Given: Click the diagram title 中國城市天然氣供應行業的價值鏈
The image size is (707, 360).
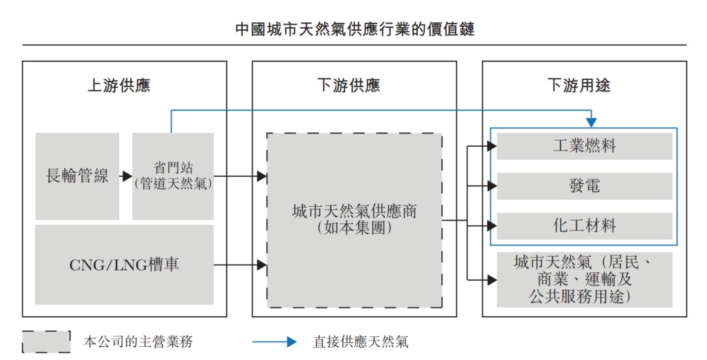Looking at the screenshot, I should pyautogui.click(x=354, y=29).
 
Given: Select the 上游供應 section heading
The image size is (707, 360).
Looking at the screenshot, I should pyautogui.click(x=119, y=85).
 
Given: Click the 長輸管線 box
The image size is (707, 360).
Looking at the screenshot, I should pyautogui.click(x=77, y=176).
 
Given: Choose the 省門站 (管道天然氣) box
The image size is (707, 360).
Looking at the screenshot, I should pyautogui.click(x=173, y=176).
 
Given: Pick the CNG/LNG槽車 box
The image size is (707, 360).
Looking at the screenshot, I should pyautogui.click(x=124, y=265).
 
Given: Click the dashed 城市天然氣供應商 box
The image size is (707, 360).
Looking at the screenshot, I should pyautogui.click(x=354, y=220).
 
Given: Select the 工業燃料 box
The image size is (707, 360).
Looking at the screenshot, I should pyautogui.click(x=585, y=146).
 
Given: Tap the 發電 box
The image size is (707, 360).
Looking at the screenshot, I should pyautogui.click(x=585, y=186).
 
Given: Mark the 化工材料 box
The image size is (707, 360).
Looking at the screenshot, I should pyautogui.click(x=585, y=226).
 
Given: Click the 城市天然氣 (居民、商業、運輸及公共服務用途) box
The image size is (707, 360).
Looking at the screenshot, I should pyautogui.click(x=585, y=279).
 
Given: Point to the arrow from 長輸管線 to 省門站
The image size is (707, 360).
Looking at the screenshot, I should pyautogui.click(x=126, y=176).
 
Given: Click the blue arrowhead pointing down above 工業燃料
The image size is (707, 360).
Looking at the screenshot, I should pyautogui.click(x=591, y=122).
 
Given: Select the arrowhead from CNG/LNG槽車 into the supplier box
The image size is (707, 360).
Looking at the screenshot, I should pyautogui.click(x=262, y=265).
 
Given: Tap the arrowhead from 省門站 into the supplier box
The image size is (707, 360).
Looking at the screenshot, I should pyautogui.click(x=262, y=176).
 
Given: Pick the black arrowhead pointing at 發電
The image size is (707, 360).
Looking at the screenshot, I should pyautogui.click(x=492, y=186).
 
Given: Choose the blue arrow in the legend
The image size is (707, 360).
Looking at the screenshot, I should pyautogui.click(x=275, y=342).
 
